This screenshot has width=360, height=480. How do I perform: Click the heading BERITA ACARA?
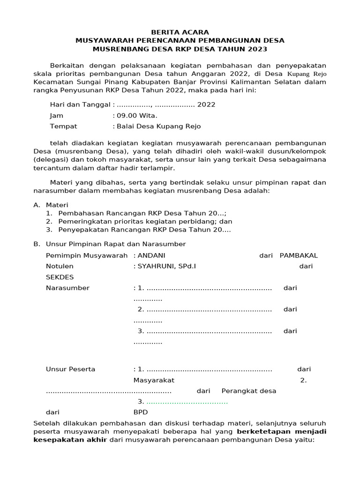coord(180,32)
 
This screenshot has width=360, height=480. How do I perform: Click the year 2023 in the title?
coord(257,49)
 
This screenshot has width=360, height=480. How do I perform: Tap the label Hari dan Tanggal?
coord(80,105)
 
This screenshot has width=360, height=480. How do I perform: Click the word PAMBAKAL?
coord(299,255)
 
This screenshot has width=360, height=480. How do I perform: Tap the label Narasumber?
coord(67,288)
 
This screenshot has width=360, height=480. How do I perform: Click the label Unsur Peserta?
coord(70,369)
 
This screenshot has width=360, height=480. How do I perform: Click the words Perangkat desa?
coord(248,391)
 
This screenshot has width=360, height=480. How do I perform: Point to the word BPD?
coord(140,412)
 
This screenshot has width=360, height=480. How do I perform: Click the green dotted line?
coord(187,402)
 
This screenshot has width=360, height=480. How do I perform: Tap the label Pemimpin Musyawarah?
coord(87,255)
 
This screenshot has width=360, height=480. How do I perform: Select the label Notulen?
coord(60,266)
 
